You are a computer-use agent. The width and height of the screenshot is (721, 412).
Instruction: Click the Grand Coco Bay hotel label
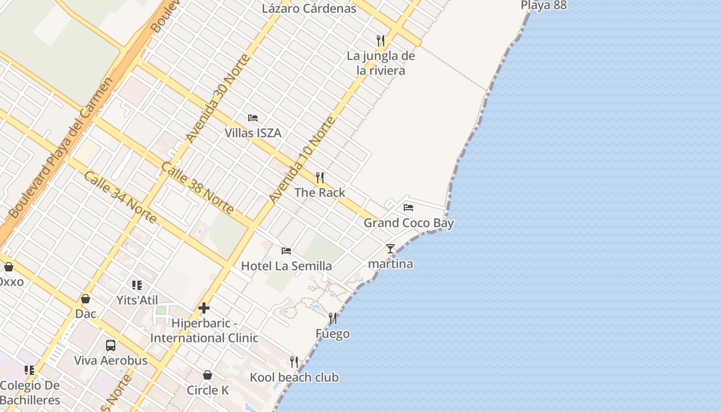408,223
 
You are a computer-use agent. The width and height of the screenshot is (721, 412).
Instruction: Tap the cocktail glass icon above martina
390,249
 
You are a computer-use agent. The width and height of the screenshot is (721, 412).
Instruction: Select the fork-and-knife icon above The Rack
320,178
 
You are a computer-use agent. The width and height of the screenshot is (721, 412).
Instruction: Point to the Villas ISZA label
253,133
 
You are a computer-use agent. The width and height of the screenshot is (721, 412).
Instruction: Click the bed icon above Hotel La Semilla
286,251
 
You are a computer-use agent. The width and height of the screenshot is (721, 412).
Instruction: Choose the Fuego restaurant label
333,334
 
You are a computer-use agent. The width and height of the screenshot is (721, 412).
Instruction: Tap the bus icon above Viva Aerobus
111,345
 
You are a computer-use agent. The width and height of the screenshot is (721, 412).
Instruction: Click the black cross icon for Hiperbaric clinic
204,308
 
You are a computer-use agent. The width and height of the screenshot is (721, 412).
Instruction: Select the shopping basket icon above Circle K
208,375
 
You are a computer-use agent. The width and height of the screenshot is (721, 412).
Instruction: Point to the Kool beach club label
294,377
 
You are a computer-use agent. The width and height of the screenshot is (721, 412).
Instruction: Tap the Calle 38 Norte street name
197,188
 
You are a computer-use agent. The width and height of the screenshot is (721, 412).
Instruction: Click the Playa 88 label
544,6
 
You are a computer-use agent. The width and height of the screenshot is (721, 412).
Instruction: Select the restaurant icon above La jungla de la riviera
381,40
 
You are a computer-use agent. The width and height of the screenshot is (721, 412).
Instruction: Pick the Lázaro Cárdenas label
309,8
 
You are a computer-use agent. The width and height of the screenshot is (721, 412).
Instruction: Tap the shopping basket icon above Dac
85,299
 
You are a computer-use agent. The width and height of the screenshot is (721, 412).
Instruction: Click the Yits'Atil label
137,300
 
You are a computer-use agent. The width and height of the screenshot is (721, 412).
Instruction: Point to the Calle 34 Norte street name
120,197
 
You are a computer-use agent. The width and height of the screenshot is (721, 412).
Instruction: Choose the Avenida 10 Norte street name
302,160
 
